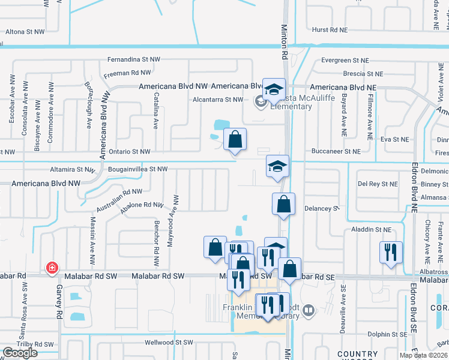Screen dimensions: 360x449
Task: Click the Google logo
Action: click(x=20, y=352)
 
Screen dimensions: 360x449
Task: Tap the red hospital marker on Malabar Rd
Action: click(x=52, y=268)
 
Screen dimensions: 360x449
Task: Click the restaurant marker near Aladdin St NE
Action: click(x=390, y=252)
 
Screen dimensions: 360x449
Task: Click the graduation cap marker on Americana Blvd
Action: click(x=274, y=89)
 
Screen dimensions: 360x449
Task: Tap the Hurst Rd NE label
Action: click(x=330, y=29)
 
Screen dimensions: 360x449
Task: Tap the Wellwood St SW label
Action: click(x=169, y=343)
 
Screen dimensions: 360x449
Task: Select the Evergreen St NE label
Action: click(x=345, y=61)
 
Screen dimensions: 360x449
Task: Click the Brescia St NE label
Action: click(x=363, y=74)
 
